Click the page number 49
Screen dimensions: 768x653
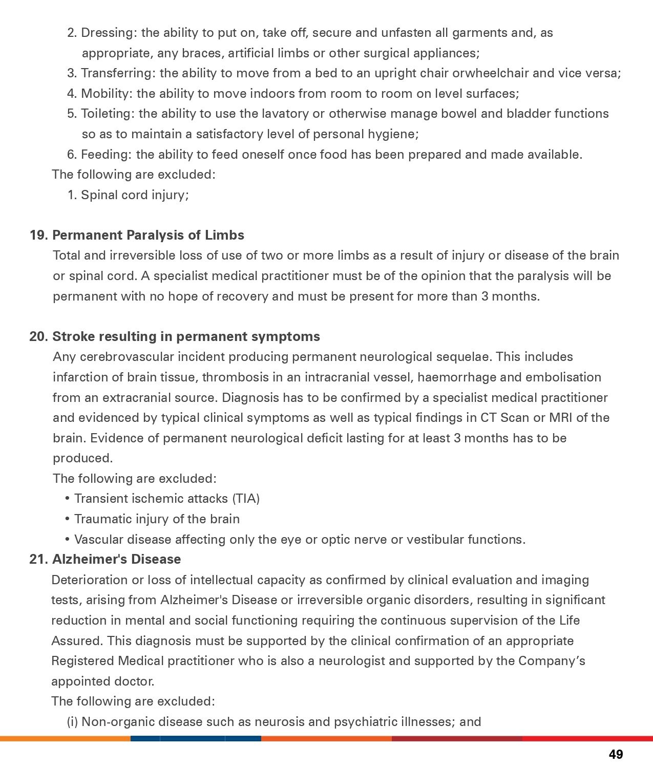click(616, 754)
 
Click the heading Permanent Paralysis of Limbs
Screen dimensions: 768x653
click(148, 235)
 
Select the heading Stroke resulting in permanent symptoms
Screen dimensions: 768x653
click(186, 336)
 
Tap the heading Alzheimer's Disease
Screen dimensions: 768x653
click(116, 559)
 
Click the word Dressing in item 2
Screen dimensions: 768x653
click(107, 33)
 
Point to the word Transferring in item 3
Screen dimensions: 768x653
click(117, 73)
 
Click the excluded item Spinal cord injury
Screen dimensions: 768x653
click(134, 195)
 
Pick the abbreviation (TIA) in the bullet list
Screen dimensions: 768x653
click(246, 499)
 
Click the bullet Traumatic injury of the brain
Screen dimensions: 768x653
click(157, 519)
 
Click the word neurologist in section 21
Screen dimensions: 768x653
click(351, 661)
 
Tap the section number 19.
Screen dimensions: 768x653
click(38, 235)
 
